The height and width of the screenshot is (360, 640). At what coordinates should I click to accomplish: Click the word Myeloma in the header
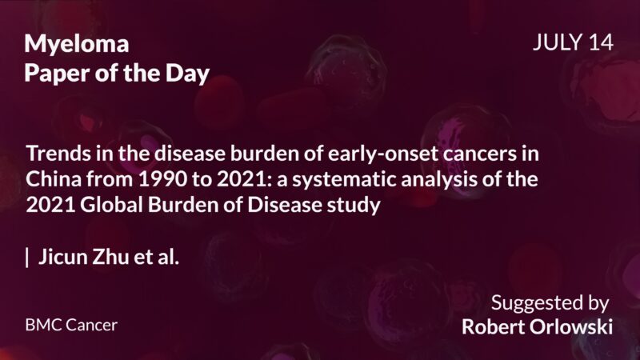pyautogui.click(x=76, y=45)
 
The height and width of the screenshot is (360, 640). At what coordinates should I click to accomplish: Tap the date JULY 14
pyautogui.click(x=573, y=43)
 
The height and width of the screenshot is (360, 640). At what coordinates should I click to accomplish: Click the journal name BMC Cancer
pyautogui.click(x=71, y=326)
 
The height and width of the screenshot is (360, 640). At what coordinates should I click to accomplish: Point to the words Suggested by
pyautogui.click(x=550, y=304)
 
